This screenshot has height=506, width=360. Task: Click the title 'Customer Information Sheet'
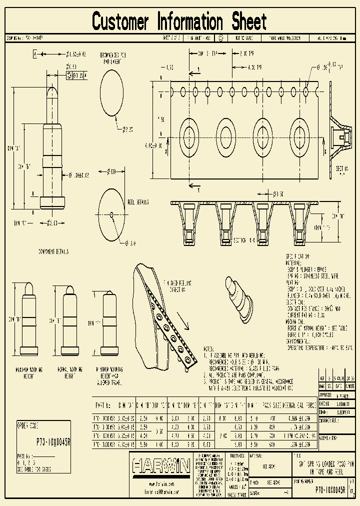coord(179,22)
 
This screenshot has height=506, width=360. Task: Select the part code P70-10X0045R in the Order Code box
coord(54,441)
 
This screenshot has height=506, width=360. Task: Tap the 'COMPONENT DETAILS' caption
coord(53,252)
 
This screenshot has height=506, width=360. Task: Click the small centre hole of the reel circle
coord(111,215)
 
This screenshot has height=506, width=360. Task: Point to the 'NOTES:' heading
coord(208,348)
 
